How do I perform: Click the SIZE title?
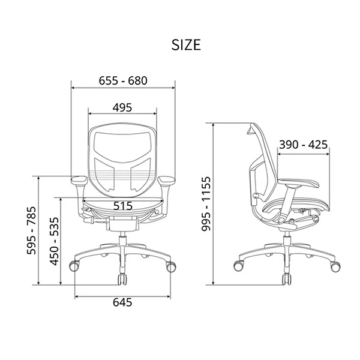pyautogui.click(x=186, y=45)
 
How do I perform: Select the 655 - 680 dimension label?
pyautogui.click(x=123, y=81)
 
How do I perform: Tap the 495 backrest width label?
pyautogui.click(x=122, y=107)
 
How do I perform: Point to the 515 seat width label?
pyautogui.click(x=123, y=206)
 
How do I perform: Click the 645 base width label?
pyautogui.click(x=122, y=302)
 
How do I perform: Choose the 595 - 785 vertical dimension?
pyautogui.click(x=31, y=230)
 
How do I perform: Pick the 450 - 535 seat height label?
pyautogui.click(x=55, y=241)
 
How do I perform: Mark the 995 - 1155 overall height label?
pyautogui.click(x=206, y=203)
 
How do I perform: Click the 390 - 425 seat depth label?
pyautogui.click(x=303, y=145)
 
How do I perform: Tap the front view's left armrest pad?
pyautogui.click(x=79, y=179)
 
